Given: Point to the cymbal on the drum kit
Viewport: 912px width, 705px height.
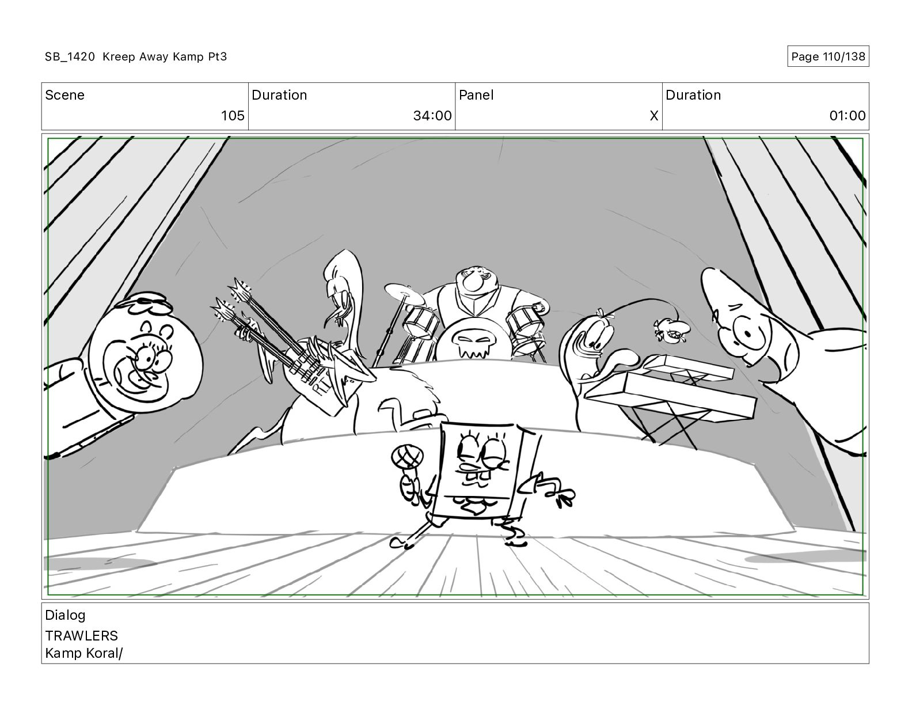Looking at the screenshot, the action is tap(404, 294).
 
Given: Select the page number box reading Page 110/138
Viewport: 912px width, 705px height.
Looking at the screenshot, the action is tap(827, 56).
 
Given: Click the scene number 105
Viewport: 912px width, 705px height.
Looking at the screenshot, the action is tap(233, 115).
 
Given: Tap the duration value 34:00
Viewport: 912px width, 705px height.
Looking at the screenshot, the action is tap(432, 115).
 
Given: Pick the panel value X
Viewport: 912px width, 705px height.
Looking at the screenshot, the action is tap(654, 115).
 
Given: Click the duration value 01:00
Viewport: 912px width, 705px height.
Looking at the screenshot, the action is tap(848, 115).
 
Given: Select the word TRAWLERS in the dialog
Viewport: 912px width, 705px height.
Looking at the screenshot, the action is tap(81, 636).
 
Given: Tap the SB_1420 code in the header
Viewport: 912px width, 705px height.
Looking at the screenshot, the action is tap(70, 56).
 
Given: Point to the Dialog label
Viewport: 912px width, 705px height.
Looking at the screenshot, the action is tap(65, 616).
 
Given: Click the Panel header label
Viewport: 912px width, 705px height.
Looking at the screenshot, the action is tap(476, 95).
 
